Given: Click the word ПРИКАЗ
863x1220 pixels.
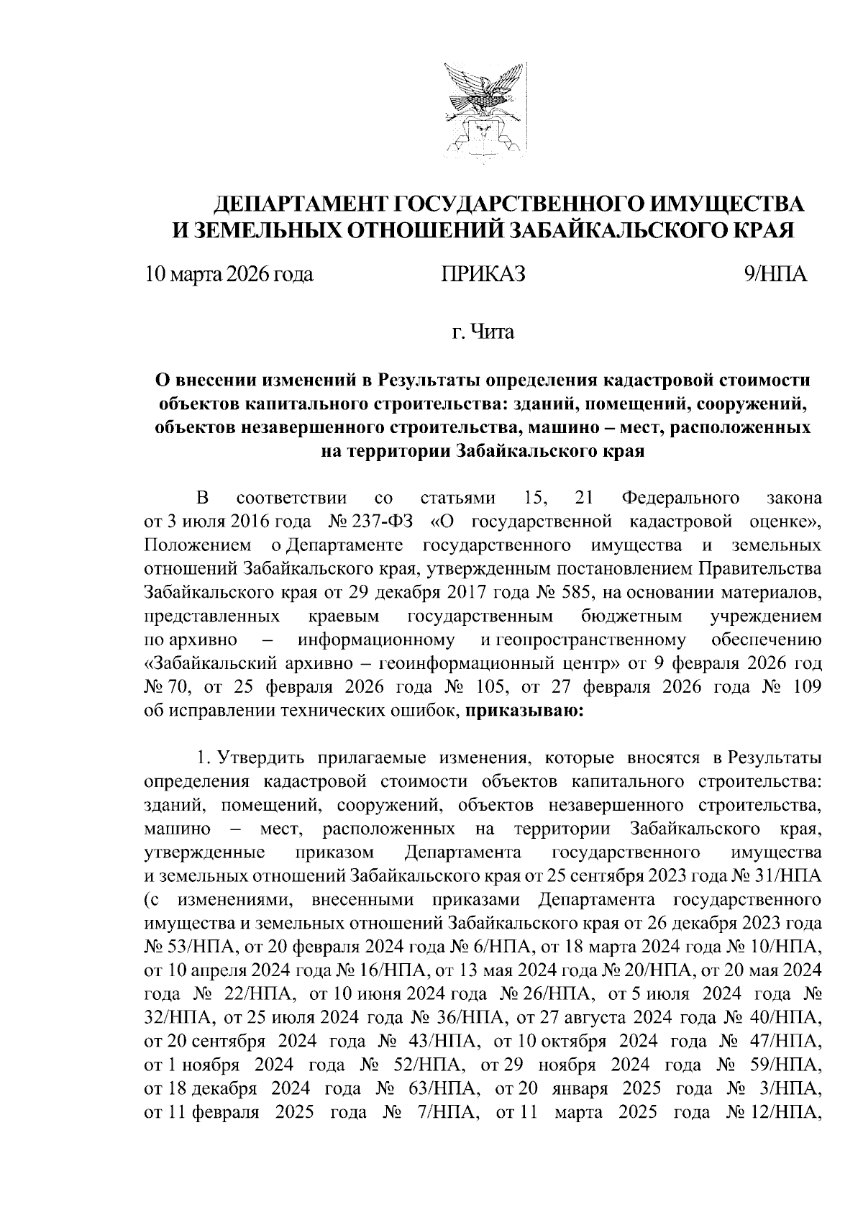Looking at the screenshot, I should [x=483, y=274].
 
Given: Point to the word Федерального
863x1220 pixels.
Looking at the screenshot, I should [x=680, y=497].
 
